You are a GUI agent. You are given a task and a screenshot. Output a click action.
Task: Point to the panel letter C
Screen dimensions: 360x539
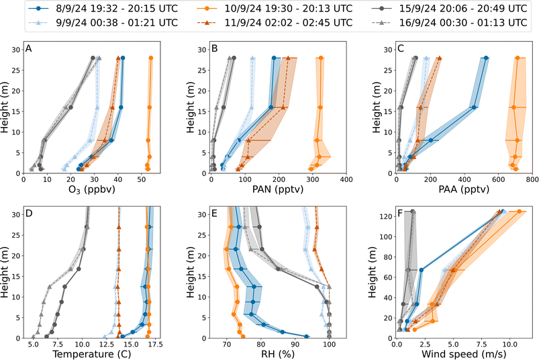pos(401,49)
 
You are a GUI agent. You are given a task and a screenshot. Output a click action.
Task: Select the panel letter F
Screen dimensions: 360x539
pos(401,214)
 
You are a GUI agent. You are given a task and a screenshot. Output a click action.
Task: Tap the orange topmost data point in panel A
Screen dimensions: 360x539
pos(151,58)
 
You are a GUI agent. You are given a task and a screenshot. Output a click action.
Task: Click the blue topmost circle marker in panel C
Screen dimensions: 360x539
pos(486,58)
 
